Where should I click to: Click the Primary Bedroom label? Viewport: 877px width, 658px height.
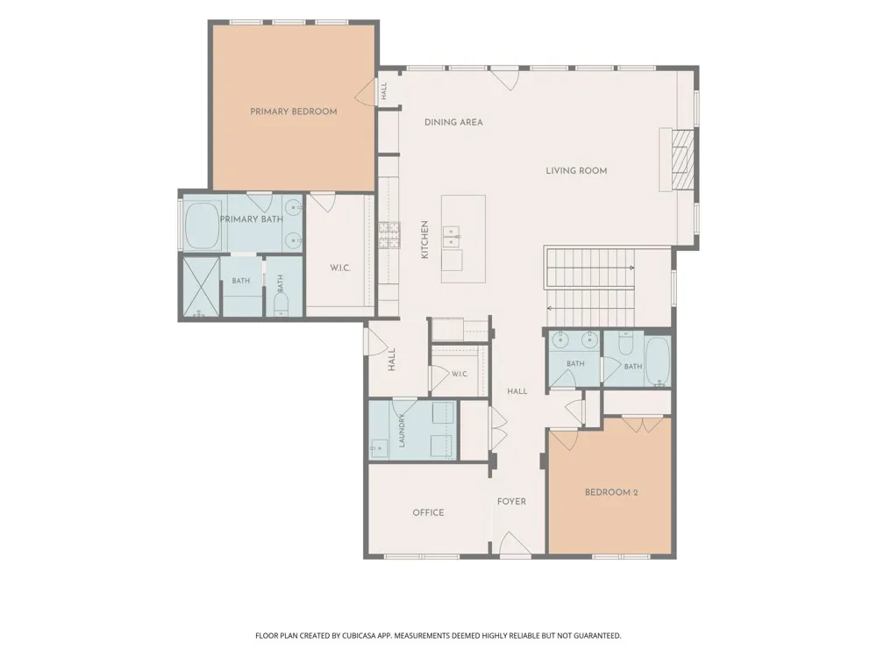tap(294, 111)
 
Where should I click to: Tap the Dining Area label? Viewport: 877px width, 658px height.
tap(453, 122)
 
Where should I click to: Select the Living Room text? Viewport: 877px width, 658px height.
tap(577, 171)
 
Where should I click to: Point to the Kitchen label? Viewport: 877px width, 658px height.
tap(424, 240)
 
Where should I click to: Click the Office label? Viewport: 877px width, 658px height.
tap(429, 512)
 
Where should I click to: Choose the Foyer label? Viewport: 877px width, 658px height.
tap(512, 501)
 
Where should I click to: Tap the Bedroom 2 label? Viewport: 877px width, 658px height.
tap(611, 492)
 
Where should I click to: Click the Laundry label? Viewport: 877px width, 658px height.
tap(401, 430)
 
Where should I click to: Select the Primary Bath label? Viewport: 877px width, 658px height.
tap(251, 219)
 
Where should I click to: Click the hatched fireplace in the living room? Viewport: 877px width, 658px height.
tap(682, 160)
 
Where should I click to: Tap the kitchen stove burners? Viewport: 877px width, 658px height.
tap(390, 235)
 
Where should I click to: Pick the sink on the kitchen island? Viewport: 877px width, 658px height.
tap(453, 237)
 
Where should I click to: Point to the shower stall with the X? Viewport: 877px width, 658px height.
tap(199, 288)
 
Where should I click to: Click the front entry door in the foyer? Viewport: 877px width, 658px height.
tap(515, 545)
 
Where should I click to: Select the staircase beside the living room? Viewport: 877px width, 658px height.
tap(590, 287)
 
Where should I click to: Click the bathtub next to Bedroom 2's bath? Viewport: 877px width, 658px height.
tap(658, 361)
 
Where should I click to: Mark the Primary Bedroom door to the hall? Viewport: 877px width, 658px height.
tap(364, 90)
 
